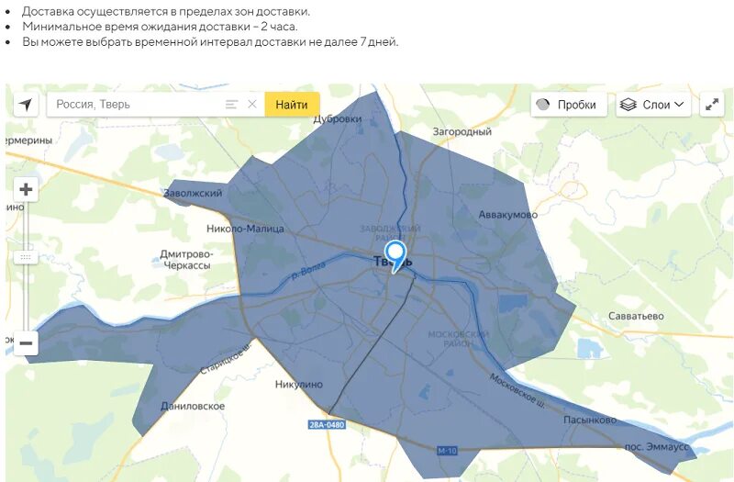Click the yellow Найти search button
[292, 105]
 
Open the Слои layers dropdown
[653, 105]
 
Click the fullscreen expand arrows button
[712, 105]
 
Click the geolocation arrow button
[26, 105]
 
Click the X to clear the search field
[252, 105]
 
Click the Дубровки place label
[338, 118]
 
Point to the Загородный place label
[462, 132]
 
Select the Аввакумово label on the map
[507, 214]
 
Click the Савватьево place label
[636, 316]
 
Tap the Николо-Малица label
[246, 229]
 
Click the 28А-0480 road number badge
[327, 424]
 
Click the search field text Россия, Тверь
[94, 105]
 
